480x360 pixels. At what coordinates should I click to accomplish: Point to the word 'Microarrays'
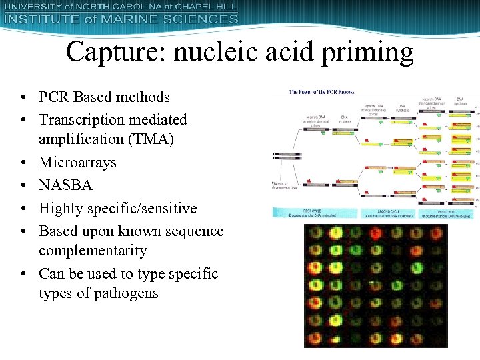(x=77, y=162)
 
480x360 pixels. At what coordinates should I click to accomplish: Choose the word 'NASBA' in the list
(x=65, y=185)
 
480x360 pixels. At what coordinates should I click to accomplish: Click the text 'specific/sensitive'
(x=143, y=208)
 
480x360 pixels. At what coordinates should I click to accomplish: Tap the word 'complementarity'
(x=93, y=251)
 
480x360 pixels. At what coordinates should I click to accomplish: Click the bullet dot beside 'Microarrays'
(x=24, y=163)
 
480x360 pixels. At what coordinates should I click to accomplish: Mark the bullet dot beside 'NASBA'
(x=24, y=185)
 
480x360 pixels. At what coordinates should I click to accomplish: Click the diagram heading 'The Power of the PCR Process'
(x=321, y=92)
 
